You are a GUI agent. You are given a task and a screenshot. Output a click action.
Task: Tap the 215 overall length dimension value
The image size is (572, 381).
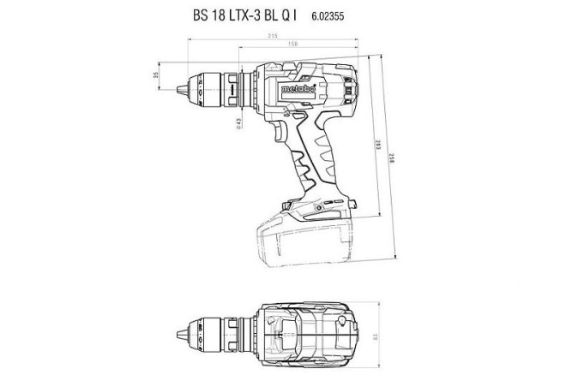pos(271,36)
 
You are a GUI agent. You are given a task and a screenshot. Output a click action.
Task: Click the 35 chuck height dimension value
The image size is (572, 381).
pos(155,75)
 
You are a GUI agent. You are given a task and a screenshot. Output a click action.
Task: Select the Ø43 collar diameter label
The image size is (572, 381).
pos(238,123)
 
